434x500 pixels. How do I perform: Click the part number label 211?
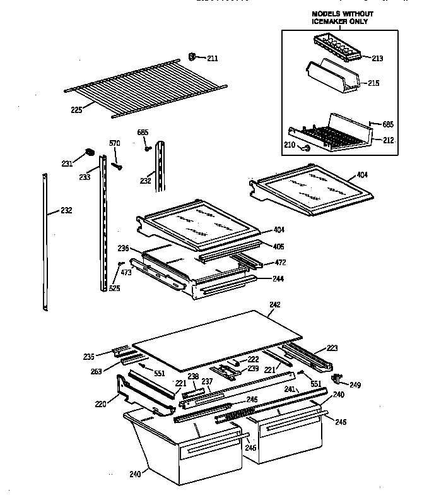(213, 59)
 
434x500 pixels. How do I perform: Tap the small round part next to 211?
(193, 57)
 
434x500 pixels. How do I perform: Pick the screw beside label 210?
(307, 148)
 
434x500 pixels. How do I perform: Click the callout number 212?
(388, 140)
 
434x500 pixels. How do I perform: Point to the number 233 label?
(84, 178)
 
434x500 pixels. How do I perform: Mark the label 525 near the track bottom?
(114, 289)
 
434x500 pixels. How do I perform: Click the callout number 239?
(253, 368)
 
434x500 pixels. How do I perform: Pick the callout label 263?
(97, 372)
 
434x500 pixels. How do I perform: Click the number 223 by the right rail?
(332, 347)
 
